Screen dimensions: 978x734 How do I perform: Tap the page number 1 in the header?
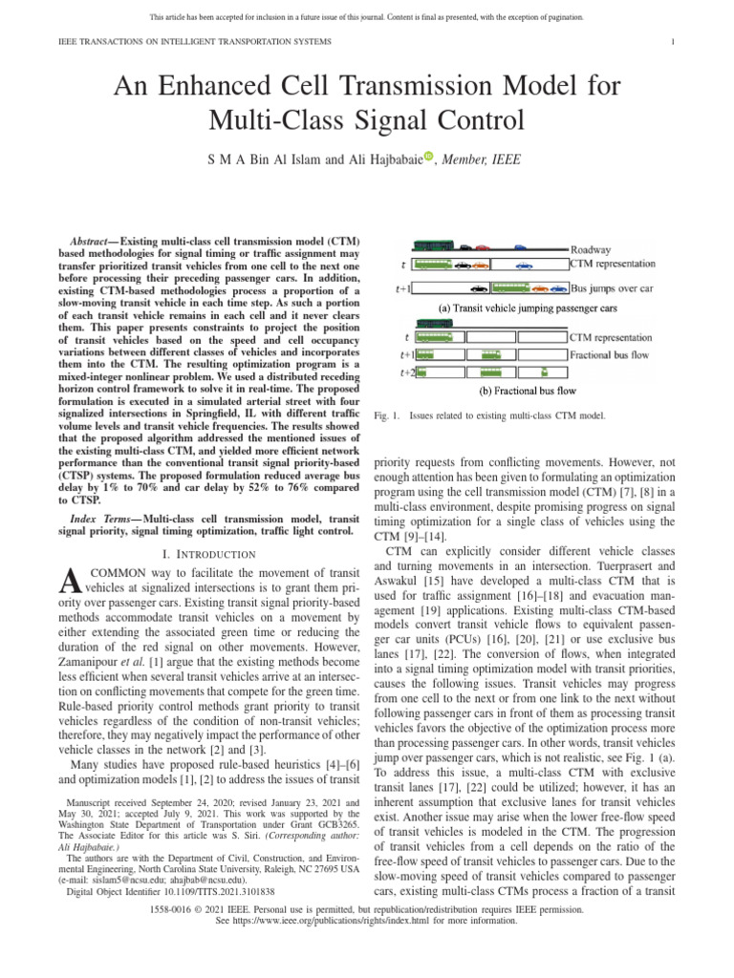pos(675,42)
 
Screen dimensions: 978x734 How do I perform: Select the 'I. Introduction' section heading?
pos(211,554)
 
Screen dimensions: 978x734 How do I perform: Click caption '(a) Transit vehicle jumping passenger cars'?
pos(518,308)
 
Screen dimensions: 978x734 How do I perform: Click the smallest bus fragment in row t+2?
pos(544,372)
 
